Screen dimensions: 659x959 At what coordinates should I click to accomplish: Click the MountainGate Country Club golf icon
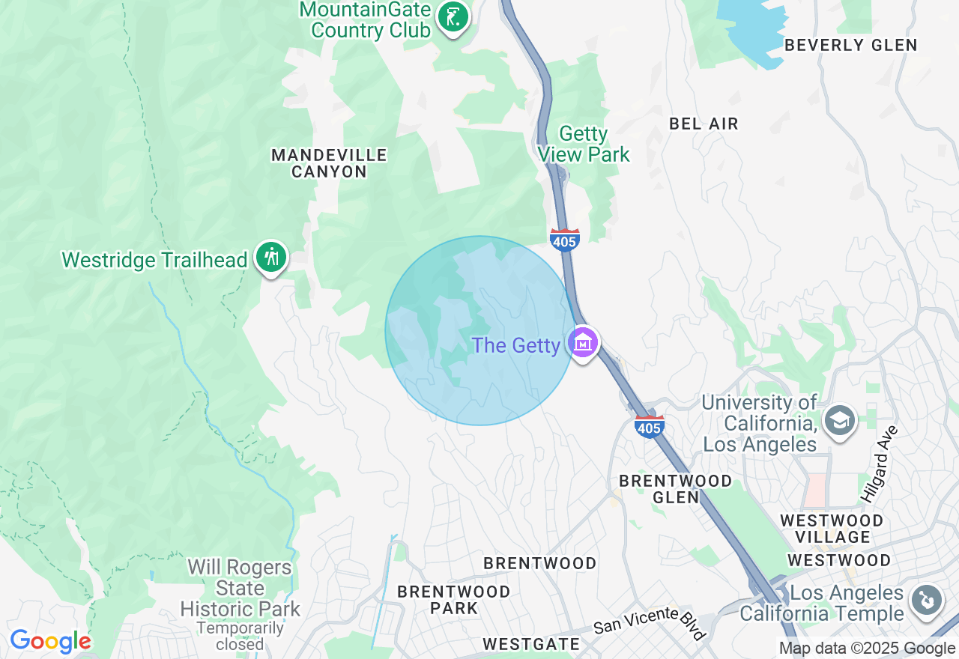point(452,16)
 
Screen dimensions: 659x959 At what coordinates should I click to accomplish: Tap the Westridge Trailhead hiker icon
point(270,258)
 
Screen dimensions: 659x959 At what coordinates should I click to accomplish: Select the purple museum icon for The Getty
point(583,343)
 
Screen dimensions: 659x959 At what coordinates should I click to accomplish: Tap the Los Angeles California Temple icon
point(926,601)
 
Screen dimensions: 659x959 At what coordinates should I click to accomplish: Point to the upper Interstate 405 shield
point(564,240)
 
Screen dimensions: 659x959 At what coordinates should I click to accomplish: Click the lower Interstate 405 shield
point(649,426)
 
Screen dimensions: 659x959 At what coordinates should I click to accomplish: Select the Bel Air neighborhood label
point(704,124)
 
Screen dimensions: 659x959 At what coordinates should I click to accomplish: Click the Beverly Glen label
point(850,45)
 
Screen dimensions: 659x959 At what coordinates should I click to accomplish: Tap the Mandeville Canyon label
point(329,163)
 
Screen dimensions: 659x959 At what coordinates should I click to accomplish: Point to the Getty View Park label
point(584,144)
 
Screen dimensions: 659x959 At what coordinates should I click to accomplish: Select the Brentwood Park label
point(453,599)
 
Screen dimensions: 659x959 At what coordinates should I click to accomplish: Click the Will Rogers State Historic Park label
point(240,589)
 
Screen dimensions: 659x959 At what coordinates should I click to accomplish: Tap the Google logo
point(50,641)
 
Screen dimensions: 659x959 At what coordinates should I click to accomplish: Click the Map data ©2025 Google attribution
point(867,649)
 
